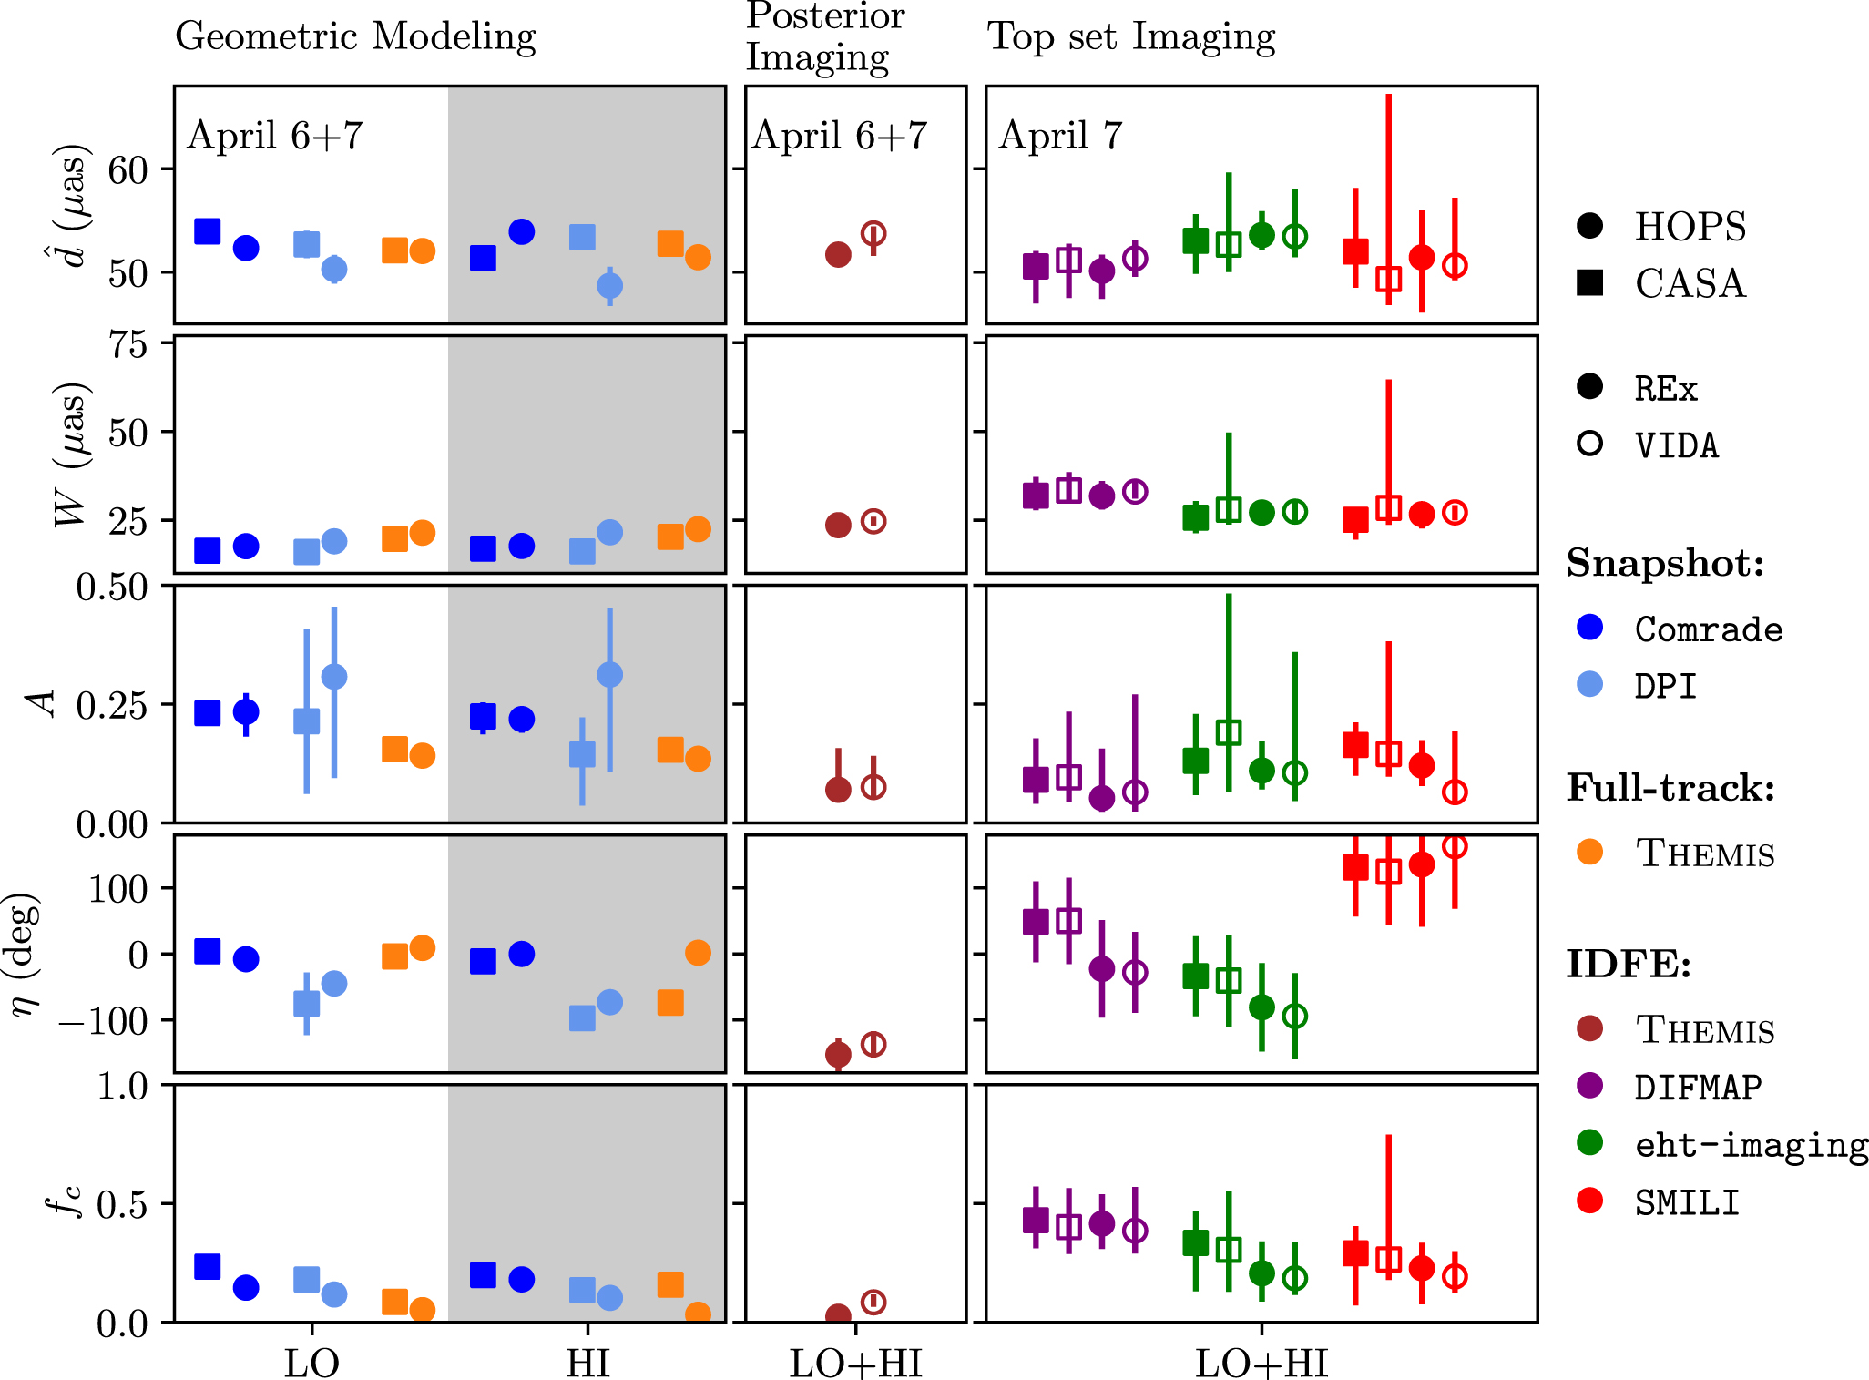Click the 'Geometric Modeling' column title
[355, 37]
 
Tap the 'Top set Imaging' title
[1131, 37]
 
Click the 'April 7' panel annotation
[1061, 136]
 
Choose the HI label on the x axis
[587, 1364]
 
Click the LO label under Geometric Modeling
[311, 1364]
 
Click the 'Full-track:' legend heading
[1670, 788]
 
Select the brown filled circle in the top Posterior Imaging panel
[838, 255]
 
